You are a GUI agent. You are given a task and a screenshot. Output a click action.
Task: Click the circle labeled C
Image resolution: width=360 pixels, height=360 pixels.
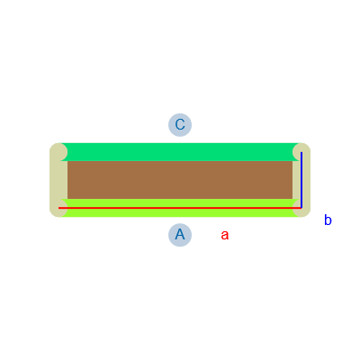180,125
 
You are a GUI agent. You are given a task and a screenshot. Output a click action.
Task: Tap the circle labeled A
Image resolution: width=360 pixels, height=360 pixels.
180,235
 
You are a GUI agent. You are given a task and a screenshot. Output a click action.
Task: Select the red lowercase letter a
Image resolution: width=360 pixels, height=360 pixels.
225,235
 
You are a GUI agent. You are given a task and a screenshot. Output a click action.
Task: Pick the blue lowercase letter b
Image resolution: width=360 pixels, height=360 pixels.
328,220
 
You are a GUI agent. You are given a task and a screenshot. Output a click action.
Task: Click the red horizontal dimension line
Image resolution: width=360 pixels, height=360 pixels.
180,208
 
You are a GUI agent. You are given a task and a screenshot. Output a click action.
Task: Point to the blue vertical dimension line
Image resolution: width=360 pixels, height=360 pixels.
301,180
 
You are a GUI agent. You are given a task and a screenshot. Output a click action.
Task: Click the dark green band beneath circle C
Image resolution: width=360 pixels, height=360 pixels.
180,152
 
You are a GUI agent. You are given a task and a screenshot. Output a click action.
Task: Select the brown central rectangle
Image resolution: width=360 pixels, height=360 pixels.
180,180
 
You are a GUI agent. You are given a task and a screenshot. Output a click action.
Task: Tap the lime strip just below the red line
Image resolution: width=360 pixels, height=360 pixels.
180,212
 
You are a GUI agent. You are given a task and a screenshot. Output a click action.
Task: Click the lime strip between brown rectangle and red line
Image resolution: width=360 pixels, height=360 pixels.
180,202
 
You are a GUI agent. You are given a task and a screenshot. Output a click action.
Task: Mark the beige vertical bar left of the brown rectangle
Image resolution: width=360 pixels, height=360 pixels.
58,180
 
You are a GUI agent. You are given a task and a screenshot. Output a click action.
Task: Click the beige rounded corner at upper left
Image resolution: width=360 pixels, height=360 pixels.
58,152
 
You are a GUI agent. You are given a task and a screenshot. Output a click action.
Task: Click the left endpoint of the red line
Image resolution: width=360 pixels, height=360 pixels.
58,208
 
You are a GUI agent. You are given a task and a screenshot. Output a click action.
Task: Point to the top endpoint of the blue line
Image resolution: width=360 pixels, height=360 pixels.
301,152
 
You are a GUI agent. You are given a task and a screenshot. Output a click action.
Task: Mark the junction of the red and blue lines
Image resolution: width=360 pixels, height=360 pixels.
301,208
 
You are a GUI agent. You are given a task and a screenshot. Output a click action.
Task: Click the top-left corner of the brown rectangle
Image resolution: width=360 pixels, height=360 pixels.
67,161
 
